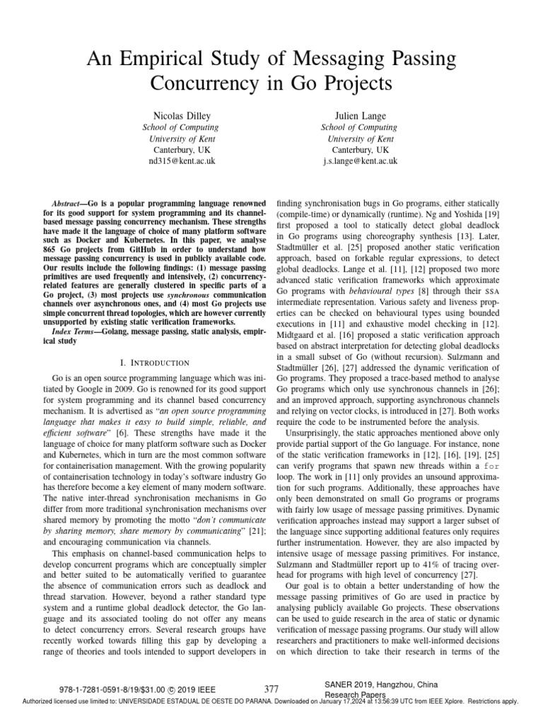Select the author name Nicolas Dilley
[182, 115]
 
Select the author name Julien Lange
[360, 115]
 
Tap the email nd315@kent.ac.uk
[182, 160]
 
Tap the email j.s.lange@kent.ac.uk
[360, 160]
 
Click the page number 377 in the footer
[271, 688]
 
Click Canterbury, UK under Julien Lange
[360, 150]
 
